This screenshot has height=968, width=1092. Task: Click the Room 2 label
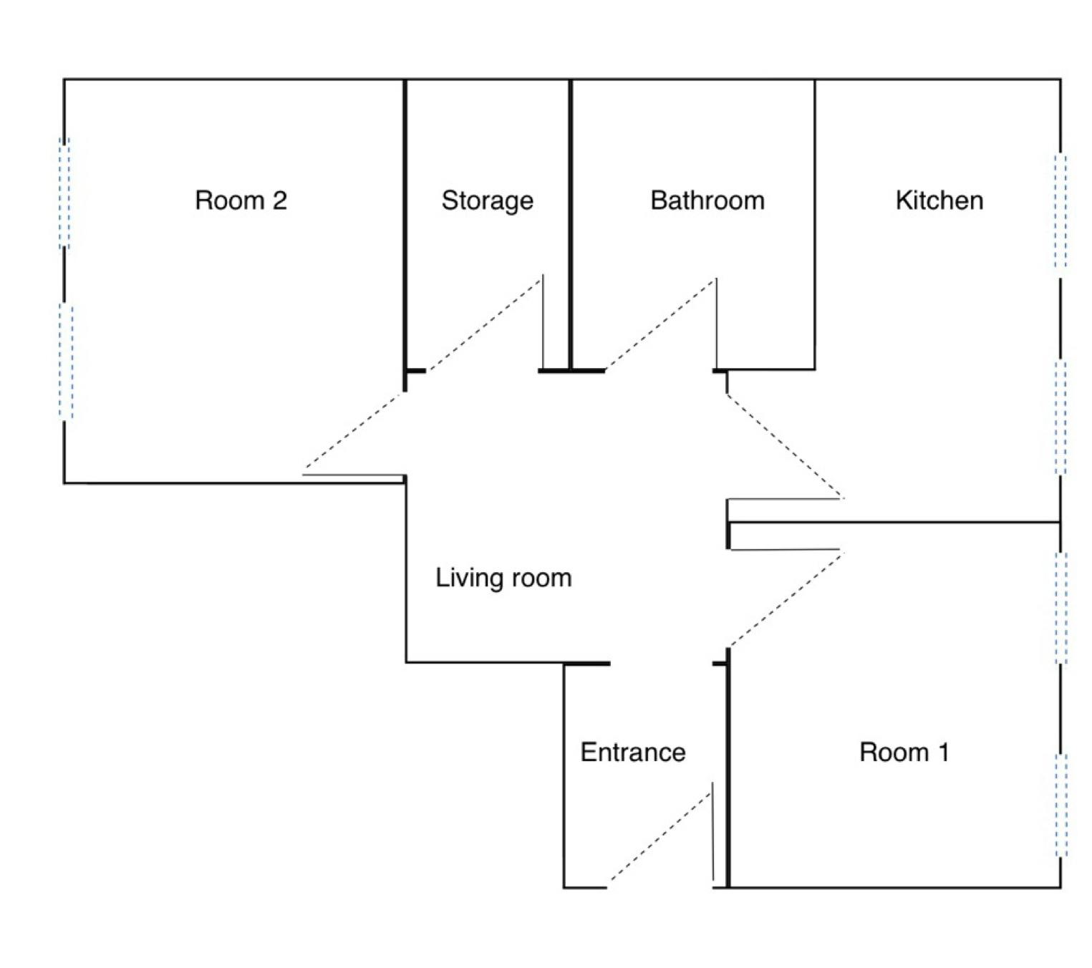coord(241,200)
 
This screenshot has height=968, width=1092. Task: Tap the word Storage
coord(487,200)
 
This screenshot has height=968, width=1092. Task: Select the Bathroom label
coord(707,200)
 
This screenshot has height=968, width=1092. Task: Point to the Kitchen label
coord(939,200)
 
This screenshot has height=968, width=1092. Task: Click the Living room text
coord(503,578)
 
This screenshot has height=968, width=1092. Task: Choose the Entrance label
coord(633,752)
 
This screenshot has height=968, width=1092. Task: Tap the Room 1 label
coord(904,752)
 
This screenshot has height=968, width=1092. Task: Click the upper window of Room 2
coord(64,193)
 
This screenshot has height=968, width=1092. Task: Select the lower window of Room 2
coord(66,362)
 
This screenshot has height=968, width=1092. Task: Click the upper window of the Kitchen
coord(1060,212)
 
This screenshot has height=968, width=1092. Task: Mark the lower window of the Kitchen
coord(1060,417)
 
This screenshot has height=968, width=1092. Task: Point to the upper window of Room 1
coord(1061,607)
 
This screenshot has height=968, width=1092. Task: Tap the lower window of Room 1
coord(1061,805)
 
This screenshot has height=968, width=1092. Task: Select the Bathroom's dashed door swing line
coord(660,324)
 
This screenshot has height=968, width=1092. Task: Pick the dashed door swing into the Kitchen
coord(785,445)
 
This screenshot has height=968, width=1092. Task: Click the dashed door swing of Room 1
coord(785,600)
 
